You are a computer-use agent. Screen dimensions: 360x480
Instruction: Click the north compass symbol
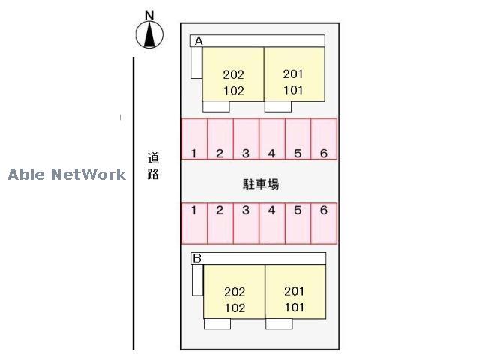(x=150, y=34)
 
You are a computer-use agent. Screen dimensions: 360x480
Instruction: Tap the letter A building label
(x=199, y=42)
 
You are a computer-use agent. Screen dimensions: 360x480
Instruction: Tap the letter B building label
(x=197, y=259)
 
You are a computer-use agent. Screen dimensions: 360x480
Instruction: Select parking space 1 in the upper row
(x=194, y=139)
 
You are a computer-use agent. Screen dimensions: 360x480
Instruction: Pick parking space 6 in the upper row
(x=324, y=139)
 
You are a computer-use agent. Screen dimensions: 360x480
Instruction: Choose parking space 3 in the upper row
(x=246, y=139)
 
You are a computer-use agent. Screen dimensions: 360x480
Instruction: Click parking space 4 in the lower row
(x=272, y=223)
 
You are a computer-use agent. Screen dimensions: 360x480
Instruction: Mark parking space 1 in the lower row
(x=194, y=223)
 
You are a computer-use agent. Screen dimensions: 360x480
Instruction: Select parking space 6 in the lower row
(x=324, y=223)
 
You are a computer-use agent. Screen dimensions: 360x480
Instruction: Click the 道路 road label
(x=153, y=167)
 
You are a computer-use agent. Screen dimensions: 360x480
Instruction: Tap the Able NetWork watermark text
(x=67, y=175)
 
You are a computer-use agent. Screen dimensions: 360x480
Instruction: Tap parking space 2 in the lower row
(x=220, y=223)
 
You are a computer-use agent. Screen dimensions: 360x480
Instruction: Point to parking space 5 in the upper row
(x=298, y=139)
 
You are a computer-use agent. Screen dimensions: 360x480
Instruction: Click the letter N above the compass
(x=149, y=15)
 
